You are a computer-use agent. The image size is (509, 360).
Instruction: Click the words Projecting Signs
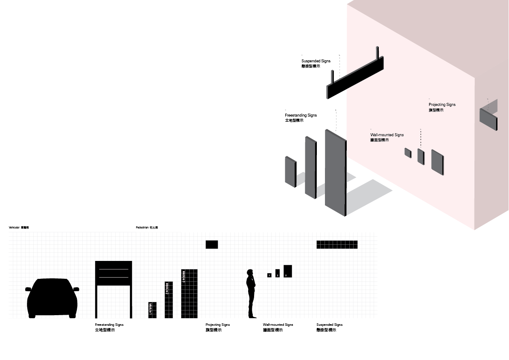(442, 105)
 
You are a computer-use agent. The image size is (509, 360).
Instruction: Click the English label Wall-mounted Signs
(387, 135)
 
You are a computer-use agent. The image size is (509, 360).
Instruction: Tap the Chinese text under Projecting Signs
(436, 110)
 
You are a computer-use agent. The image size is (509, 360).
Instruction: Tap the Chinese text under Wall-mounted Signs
(380, 140)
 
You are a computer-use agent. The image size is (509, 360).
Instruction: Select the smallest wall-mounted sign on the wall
(408, 153)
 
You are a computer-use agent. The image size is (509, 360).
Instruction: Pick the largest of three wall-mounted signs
(438, 162)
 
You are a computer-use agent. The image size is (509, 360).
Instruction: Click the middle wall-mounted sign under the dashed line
(421, 156)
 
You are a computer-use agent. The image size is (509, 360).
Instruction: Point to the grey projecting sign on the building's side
(489, 119)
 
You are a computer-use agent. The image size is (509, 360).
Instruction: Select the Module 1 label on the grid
(151, 309)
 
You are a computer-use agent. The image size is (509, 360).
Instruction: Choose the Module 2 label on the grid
(167, 289)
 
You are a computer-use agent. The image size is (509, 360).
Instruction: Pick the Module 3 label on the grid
(184, 277)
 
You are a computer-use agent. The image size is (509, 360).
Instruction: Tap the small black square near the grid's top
(212, 244)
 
